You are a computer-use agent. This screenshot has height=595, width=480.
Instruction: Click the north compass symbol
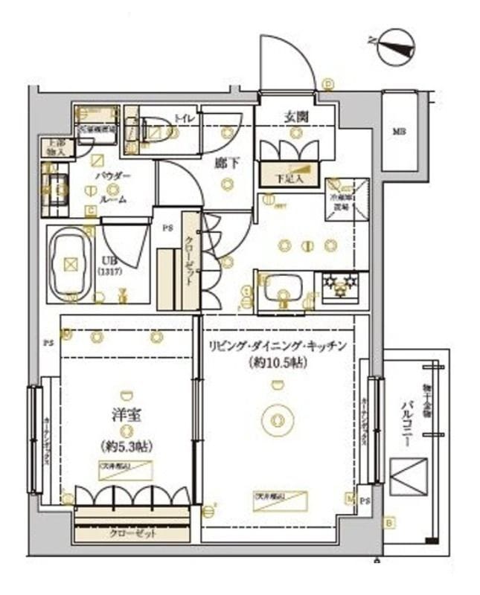click(x=395, y=46)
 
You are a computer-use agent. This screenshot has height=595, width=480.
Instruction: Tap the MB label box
click(x=400, y=132)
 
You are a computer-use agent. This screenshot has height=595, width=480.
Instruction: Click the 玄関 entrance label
click(x=296, y=117)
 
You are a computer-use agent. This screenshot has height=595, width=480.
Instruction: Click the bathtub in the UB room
click(x=70, y=263)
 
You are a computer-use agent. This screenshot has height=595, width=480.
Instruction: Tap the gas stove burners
click(x=341, y=284)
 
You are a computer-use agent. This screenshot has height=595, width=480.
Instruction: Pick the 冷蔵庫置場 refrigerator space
click(x=345, y=198)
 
